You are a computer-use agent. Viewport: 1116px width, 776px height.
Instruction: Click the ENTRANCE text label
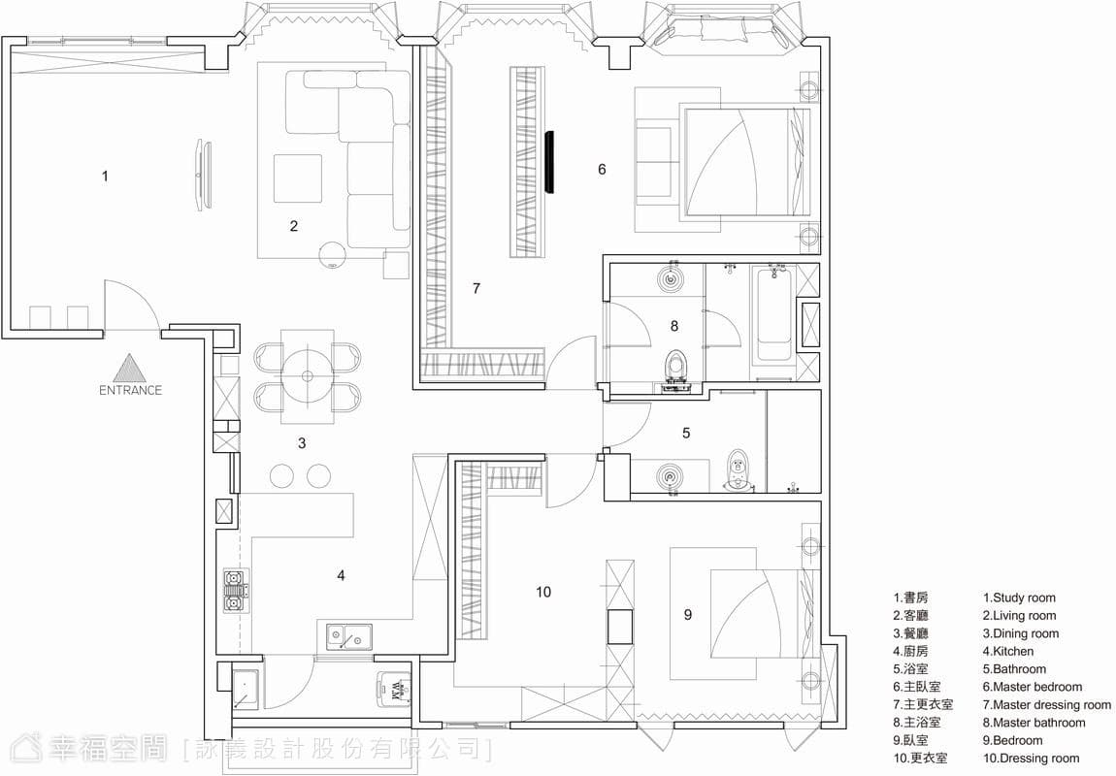[130, 390]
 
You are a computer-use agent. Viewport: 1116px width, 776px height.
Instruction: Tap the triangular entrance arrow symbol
[130, 369]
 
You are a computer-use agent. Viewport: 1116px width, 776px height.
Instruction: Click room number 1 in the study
[106, 176]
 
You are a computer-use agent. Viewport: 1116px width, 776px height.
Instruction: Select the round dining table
[308, 376]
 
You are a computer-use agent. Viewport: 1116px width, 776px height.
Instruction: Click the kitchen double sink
[349, 636]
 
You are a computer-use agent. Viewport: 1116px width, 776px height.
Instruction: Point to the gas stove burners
[234, 591]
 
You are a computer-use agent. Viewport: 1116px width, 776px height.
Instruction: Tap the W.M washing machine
[394, 690]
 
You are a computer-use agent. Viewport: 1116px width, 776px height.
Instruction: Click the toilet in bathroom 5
[739, 470]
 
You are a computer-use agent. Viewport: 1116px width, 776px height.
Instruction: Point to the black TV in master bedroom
[548, 161]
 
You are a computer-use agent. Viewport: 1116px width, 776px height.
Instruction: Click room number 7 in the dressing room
[476, 288]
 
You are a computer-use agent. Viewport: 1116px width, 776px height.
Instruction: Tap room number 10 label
[543, 592]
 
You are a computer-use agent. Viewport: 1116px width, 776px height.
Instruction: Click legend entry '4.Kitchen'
[1008, 651]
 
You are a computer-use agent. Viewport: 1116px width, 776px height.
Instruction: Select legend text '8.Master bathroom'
[1034, 722]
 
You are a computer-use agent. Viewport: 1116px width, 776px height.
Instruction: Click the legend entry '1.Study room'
[1019, 598]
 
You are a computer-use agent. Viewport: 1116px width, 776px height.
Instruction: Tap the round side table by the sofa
[333, 255]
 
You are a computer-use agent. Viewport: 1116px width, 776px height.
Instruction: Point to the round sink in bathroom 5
[670, 475]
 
